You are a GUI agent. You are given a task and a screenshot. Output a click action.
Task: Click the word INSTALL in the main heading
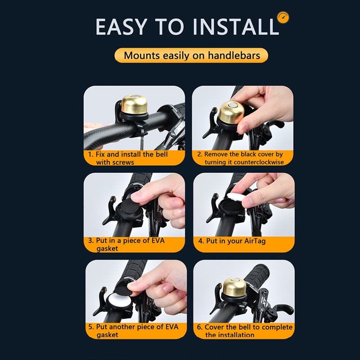point(236,27)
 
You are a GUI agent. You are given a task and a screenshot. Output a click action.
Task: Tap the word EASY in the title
point(121,27)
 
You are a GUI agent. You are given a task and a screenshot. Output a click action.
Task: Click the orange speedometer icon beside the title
point(283,18)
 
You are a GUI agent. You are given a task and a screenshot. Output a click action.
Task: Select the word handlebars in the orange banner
point(234,55)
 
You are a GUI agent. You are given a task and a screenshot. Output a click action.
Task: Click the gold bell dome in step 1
point(134,104)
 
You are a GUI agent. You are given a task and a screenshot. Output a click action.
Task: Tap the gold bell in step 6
point(234,288)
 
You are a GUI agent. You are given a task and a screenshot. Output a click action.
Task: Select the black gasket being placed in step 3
point(129,206)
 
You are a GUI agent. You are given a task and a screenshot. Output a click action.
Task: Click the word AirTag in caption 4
point(255,241)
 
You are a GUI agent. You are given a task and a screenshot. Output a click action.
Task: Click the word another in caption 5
point(125,327)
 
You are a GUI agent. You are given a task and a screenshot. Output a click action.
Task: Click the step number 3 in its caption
point(90,241)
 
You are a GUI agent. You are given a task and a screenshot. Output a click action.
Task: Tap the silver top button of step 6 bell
point(235,280)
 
